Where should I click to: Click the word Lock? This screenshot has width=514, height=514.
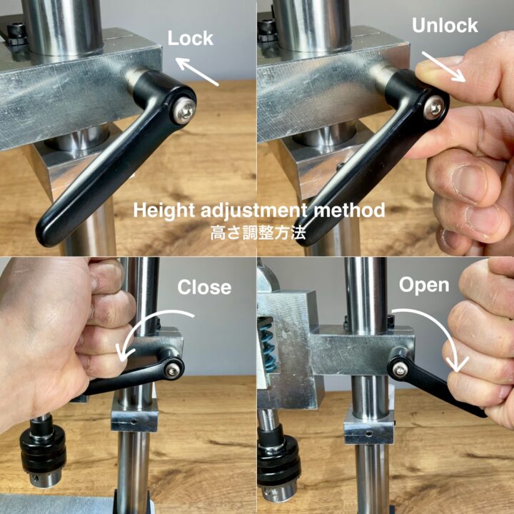pyautogui.click(x=190, y=38)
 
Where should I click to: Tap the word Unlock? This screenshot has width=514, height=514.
pyautogui.click(x=444, y=26)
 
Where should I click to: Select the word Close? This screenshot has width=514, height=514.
pyautogui.click(x=204, y=287)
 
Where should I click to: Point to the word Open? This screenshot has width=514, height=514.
pyautogui.click(x=423, y=286)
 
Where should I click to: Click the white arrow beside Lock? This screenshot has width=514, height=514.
pyautogui.click(x=198, y=74)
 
